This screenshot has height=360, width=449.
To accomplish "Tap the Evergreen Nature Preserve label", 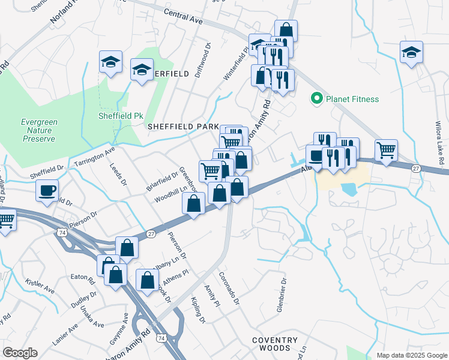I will tap(39, 130).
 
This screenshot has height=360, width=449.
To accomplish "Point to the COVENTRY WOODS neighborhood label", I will tap(274, 344).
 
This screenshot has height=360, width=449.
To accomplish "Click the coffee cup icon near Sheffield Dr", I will tap(47, 191).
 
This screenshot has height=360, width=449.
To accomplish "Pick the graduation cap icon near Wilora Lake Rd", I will tap(412, 52).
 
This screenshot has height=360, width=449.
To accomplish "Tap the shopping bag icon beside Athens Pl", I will tap(148, 280).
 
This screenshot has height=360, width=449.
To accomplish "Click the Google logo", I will tap(20, 353).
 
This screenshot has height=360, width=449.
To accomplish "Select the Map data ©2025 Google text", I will tap(411, 355).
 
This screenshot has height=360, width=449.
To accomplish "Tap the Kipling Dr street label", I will tap(197, 310).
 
